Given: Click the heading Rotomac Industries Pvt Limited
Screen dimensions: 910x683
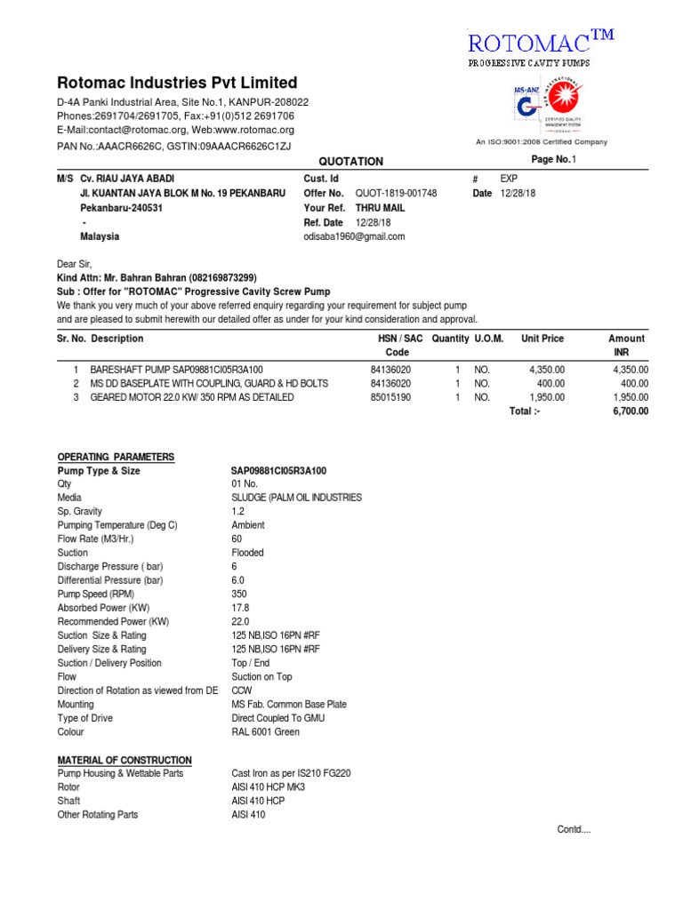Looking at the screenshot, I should coord(178,83).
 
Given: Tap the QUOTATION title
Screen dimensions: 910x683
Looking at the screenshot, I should coord(351,162).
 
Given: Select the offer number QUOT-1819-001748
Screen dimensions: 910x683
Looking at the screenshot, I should coord(396,193).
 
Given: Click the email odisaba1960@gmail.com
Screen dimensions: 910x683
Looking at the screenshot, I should coord(354,236).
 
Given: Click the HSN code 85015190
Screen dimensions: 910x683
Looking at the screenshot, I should coord(390,397).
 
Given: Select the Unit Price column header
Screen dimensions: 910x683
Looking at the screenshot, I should coord(542,339).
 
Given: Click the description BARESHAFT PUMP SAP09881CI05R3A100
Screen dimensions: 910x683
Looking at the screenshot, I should coord(176,369).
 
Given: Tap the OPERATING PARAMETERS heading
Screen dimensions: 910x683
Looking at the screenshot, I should coord(116,457).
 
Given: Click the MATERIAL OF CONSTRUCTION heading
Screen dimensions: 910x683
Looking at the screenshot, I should coord(125,760).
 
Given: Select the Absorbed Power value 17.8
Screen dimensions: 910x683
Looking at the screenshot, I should coord(240,608).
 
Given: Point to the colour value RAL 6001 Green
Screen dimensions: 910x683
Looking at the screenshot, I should coord(265,731).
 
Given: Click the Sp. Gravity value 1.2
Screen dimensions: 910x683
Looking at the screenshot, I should coord(237,512).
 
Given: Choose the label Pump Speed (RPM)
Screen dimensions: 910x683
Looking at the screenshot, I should coord(95,594).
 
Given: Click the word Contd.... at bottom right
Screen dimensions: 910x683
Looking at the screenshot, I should coord(574,829).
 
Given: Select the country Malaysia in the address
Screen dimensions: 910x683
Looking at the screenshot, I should coord(100,236).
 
